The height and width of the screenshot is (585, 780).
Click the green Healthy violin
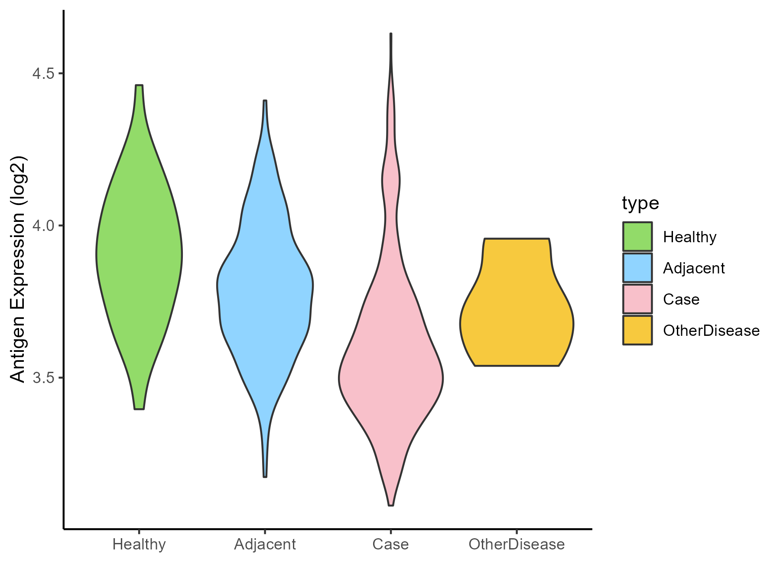(x=139, y=256)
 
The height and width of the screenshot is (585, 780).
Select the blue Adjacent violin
(x=265, y=295)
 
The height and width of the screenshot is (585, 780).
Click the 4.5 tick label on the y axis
(x=43, y=74)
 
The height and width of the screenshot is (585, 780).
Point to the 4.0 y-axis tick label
(x=43, y=226)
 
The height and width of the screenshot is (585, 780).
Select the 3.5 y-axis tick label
(x=43, y=378)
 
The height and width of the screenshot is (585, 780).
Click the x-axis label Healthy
(x=139, y=544)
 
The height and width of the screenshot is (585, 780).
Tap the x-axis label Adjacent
(x=265, y=544)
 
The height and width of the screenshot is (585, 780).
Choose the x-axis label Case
(x=390, y=544)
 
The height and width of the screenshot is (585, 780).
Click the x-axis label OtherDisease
(x=517, y=544)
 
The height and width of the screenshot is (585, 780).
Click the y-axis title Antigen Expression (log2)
(x=18, y=269)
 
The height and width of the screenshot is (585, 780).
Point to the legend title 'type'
(x=640, y=203)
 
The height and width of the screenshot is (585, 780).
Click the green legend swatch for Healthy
(x=637, y=237)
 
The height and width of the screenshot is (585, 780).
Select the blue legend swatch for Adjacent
(x=637, y=268)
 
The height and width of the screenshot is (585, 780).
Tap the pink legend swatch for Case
(x=637, y=299)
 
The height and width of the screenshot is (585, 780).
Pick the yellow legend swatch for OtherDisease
(x=637, y=330)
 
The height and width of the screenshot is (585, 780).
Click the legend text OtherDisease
(x=711, y=331)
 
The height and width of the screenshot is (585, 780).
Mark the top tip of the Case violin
(x=391, y=34)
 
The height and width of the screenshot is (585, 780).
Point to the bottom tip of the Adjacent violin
(x=265, y=476)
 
